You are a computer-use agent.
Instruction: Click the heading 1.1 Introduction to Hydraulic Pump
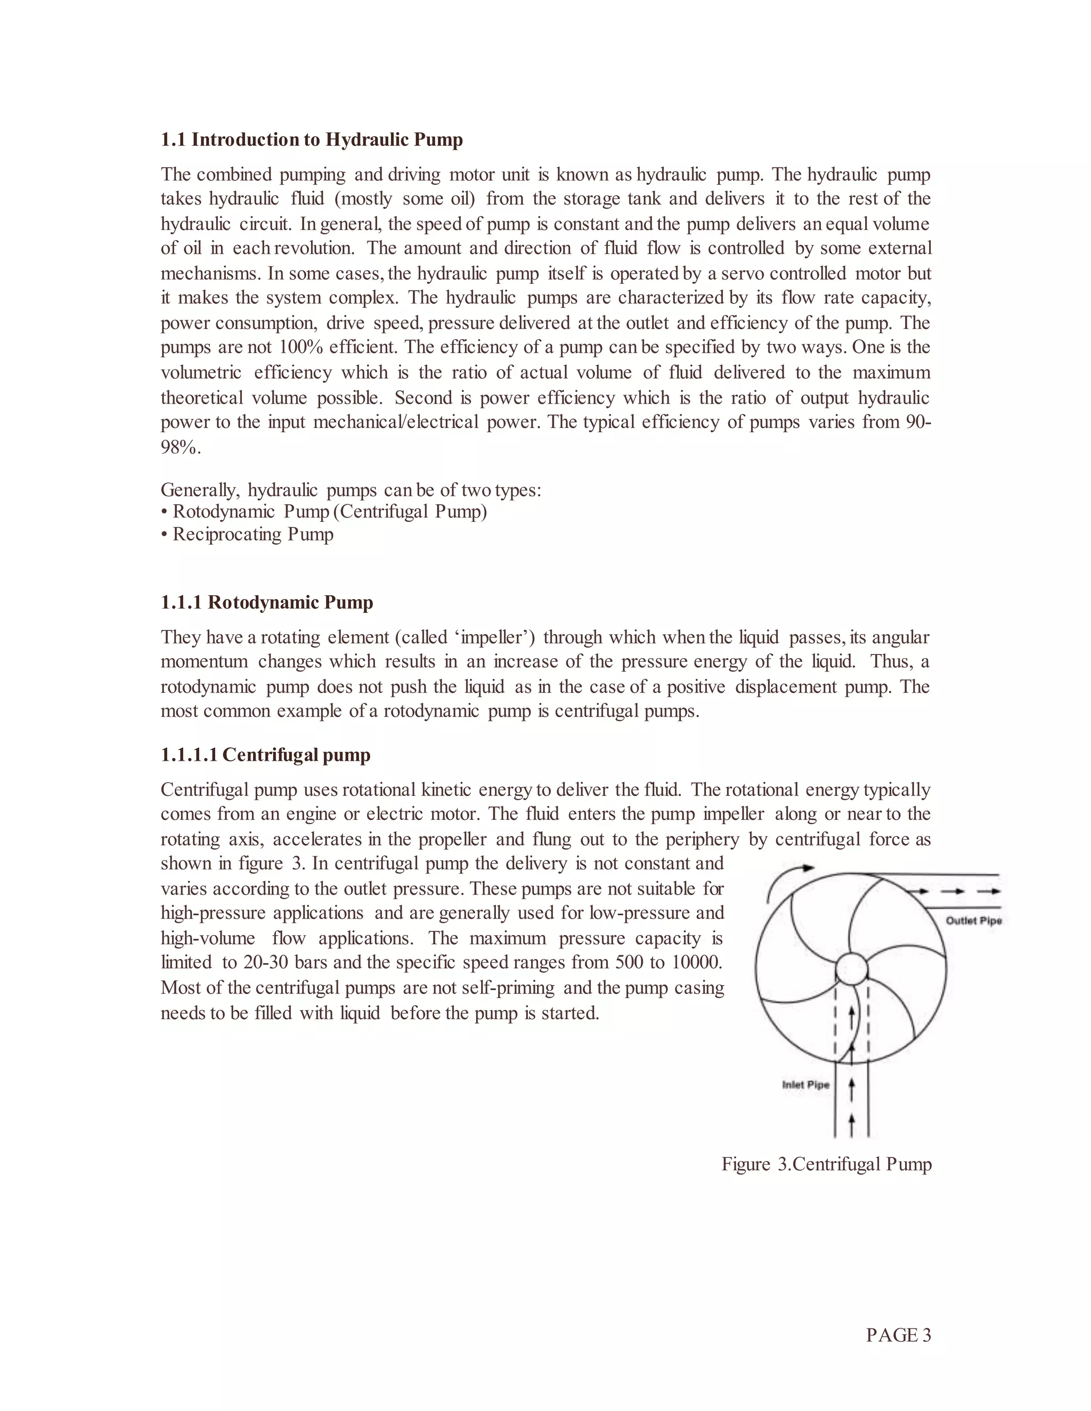coord(312,140)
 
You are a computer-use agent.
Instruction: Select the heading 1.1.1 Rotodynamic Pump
coord(267,602)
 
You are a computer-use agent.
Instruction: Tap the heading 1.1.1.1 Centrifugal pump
coord(266,754)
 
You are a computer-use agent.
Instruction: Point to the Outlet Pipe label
coord(973,921)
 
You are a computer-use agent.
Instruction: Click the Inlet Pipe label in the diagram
coord(805,1085)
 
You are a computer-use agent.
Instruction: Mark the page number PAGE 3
coord(898,1335)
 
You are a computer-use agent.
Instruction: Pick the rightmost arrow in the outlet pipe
coord(989,891)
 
